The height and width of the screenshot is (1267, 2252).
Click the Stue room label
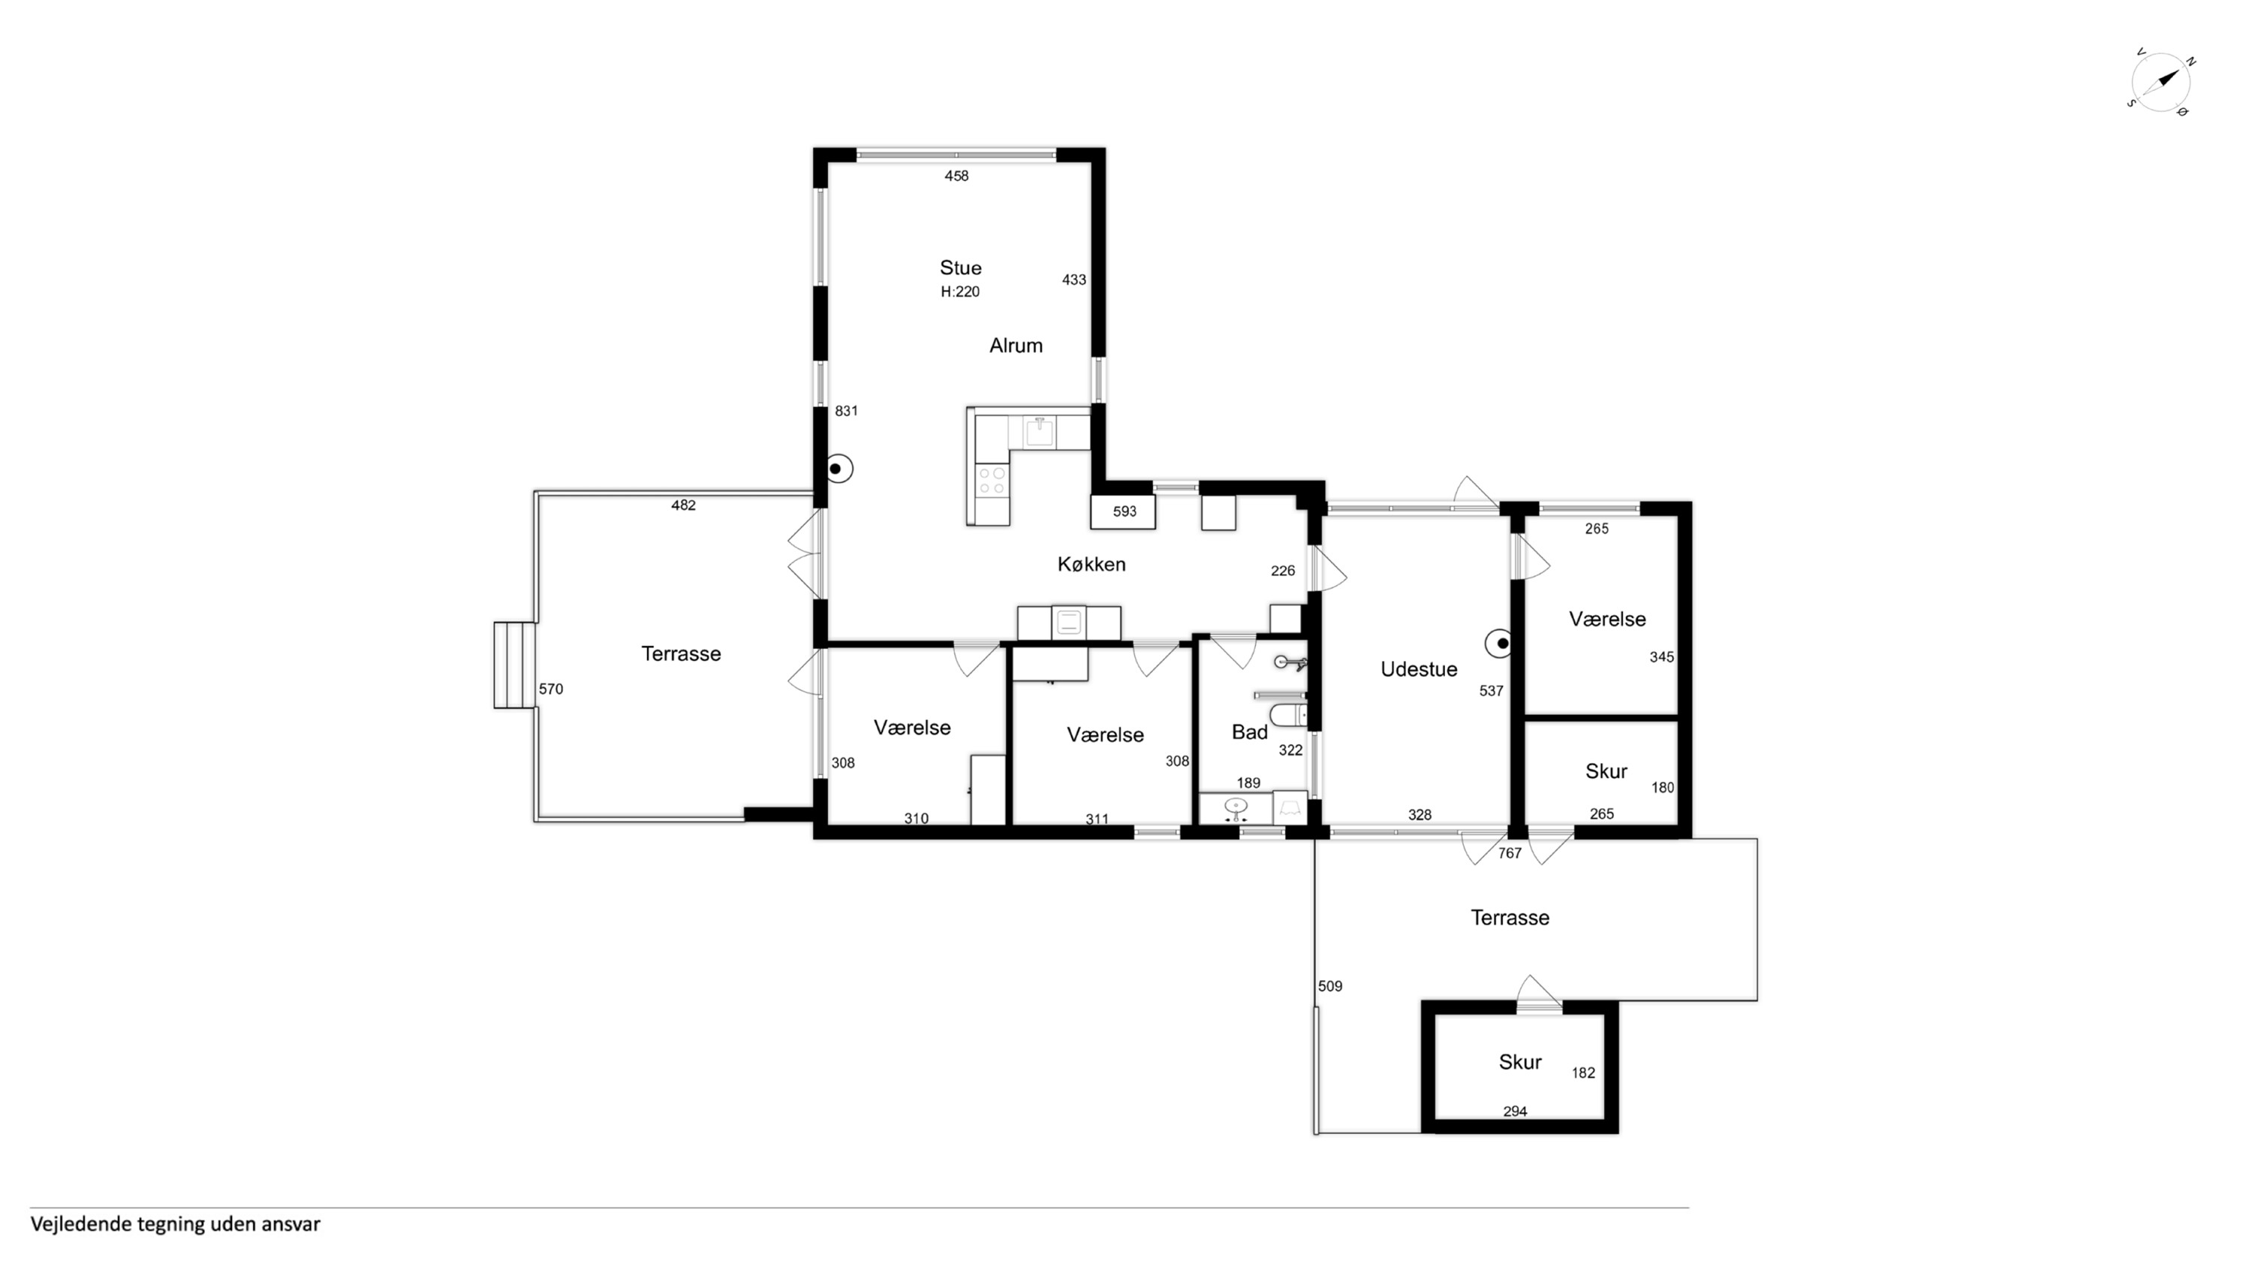960,267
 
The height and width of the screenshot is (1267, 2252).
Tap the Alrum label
1016,345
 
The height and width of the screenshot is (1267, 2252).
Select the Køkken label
1091,564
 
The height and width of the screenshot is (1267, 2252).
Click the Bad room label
1249,732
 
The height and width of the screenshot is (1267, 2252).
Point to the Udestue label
1418,669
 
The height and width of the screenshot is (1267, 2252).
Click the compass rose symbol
2161,82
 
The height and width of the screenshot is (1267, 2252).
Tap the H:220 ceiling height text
960,292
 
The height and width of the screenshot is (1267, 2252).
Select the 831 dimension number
846,411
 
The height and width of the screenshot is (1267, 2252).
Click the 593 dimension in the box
1124,511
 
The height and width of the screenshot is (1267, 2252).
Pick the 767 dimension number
1510,853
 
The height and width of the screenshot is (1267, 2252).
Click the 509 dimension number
1329,986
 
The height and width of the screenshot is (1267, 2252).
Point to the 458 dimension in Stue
956,176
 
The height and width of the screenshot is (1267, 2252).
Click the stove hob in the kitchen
992,481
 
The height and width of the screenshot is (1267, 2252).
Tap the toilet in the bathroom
1287,715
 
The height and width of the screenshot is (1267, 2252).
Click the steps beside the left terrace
515,665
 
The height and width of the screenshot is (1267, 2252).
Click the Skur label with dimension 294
1519,1061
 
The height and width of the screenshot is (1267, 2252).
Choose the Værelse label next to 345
1607,619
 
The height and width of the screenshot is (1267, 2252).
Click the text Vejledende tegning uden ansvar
176,1223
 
